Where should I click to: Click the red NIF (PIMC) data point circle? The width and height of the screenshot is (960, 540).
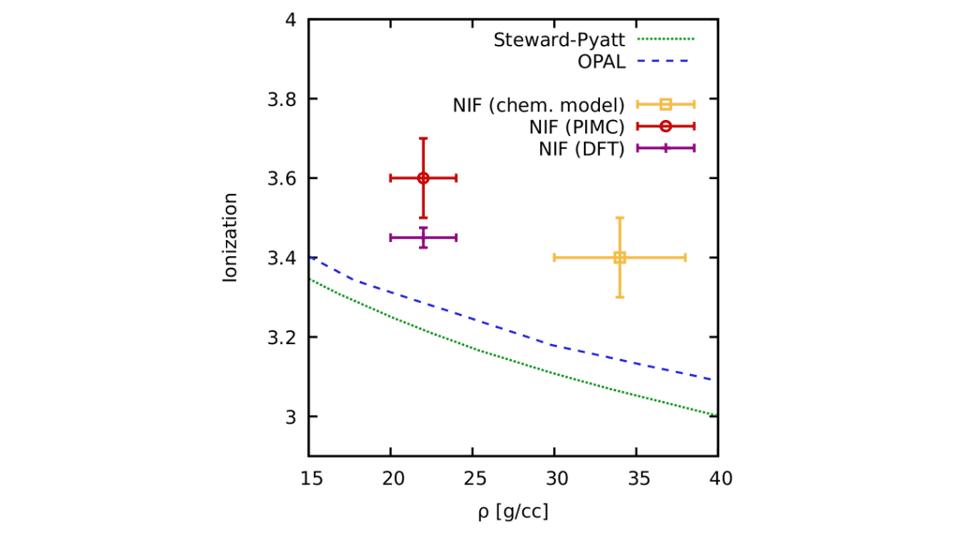pyautogui.click(x=423, y=178)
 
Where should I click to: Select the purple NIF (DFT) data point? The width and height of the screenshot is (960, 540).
pyautogui.click(x=423, y=237)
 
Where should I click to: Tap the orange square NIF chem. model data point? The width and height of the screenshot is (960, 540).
pyautogui.click(x=620, y=257)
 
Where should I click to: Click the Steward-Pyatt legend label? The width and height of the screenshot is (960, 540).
pyautogui.click(x=562, y=40)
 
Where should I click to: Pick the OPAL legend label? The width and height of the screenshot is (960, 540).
pyautogui.click(x=603, y=63)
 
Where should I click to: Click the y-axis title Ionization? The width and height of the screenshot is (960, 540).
pyautogui.click(x=230, y=237)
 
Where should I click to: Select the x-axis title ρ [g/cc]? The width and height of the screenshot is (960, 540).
pyautogui.click(x=513, y=512)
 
